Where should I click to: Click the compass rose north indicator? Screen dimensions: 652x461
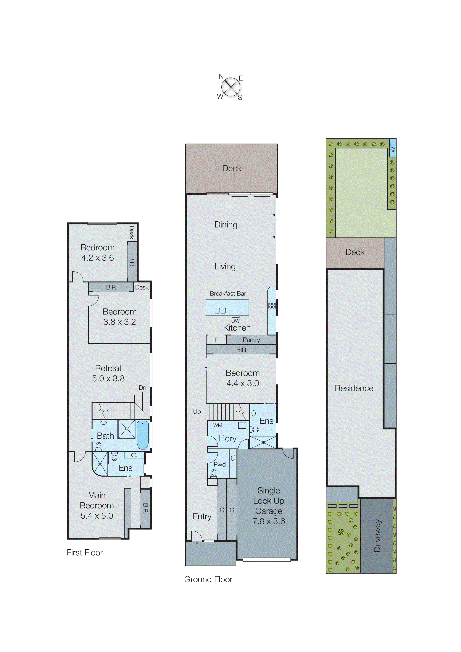[221, 76]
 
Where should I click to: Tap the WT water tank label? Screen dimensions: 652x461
[393, 148]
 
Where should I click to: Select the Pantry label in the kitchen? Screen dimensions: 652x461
[251, 340]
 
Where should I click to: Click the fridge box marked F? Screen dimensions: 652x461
[216, 340]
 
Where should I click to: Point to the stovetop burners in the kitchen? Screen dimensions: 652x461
[272, 306]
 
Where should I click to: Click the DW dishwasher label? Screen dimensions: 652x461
[236, 321]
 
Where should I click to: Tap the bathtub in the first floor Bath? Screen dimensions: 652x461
[143, 435]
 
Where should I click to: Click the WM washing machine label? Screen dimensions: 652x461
[218, 425]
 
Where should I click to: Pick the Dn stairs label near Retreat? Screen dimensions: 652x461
[142, 388]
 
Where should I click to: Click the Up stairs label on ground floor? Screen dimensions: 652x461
[197, 411]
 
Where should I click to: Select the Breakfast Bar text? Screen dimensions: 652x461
[228, 293]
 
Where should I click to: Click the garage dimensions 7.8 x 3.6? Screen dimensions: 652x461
[269, 521]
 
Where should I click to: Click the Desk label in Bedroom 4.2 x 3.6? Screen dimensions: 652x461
[131, 232]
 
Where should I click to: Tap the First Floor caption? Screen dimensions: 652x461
[85, 553]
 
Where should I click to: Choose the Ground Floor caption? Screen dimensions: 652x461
[208, 579]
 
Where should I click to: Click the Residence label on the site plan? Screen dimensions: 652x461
[354, 388]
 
